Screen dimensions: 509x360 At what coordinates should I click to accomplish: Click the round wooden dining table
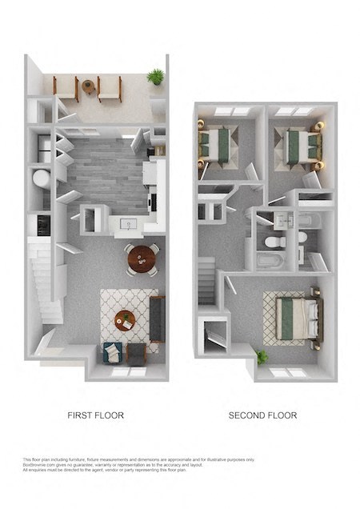click(x=142, y=258)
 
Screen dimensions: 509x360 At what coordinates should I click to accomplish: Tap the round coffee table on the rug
click(x=125, y=319)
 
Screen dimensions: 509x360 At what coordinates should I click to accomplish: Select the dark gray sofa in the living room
click(x=157, y=318)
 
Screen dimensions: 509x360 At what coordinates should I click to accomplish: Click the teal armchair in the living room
click(x=112, y=351)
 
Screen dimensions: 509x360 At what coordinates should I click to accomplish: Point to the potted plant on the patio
click(x=155, y=77)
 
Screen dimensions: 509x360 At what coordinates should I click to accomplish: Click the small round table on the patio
click(x=88, y=86)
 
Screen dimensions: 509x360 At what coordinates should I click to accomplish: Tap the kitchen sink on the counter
click(x=128, y=223)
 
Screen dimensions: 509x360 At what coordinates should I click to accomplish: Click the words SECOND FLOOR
click(x=262, y=415)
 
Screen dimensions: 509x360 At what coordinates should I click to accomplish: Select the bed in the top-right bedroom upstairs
click(x=302, y=144)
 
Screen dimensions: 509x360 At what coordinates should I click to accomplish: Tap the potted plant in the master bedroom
click(x=261, y=357)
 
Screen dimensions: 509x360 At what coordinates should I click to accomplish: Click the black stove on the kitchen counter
click(x=43, y=225)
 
